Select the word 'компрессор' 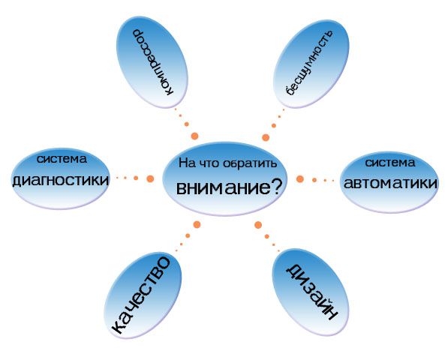pyautogui.click(x=152, y=62)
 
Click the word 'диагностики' pyautogui.click(x=60, y=180)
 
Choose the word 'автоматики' pyautogui.click(x=390, y=183)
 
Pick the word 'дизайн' pyautogui.click(x=312, y=292)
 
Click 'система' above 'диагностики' pyautogui.click(x=62, y=159)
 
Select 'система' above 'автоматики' pyautogui.click(x=389, y=163)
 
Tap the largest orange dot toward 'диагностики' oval pyautogui.click(x=150, y=178)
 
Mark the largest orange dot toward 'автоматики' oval pyautogui.click(x=299, y=179)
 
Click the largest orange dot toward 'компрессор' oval pyautogui.click(x=194, y=136)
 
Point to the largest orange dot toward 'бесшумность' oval pyautogui.click(x=266, y=137)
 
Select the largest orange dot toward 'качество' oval pyautogui.click(x=197, y=225)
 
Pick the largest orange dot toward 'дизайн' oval pyautogui.click(x=258, y=225)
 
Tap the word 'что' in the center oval pyautogui.click(x=208, y=163)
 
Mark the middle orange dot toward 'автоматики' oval pyautogui.click(x=314, y=180)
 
